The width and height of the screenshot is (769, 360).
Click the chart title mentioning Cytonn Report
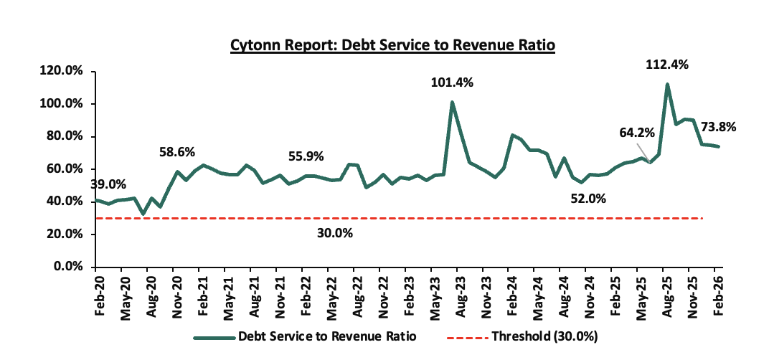pos(393,45)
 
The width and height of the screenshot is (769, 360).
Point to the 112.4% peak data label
pos(666,65)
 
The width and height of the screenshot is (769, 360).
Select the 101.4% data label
pos(452,82)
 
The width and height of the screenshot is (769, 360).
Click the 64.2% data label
pos(638,133)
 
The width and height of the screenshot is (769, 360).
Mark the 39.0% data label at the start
pos(108,184)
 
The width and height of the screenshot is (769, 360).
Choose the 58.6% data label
pos(178,152)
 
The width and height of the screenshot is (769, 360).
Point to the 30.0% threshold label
pos(334,233)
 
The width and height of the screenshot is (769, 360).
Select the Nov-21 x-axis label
pos(278,293)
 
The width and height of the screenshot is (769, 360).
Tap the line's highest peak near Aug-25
pos(667,85)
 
